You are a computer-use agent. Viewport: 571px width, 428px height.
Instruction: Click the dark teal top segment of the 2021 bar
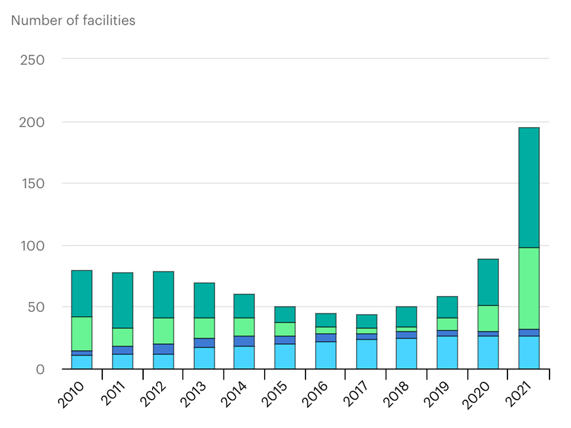[528, 187]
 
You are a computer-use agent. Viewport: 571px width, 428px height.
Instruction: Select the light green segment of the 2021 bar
[528, 288]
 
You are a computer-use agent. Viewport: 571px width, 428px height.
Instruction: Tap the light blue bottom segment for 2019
[447, 352]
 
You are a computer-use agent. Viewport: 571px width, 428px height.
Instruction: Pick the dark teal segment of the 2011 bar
[122, 300]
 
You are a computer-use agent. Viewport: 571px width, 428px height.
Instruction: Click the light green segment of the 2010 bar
[82, 333]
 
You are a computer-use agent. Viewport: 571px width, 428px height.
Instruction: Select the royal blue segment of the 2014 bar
[244, 341]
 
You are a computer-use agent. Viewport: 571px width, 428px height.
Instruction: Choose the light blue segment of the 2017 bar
[366, 353]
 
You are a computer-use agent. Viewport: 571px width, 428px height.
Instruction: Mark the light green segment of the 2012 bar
[163, 331]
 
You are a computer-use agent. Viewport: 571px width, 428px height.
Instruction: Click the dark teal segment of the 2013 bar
[203, 300]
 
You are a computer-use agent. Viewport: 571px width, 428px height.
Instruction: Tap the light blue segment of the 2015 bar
[285, 356]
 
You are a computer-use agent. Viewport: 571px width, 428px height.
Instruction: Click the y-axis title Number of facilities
[73, 20]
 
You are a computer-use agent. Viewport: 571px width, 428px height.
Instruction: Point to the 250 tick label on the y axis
[32, 59]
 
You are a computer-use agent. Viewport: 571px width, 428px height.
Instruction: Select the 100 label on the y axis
[32, 246]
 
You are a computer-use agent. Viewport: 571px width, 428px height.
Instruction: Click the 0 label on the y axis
[40, 369]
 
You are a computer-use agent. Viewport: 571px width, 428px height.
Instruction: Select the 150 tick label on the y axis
[32, 184]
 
